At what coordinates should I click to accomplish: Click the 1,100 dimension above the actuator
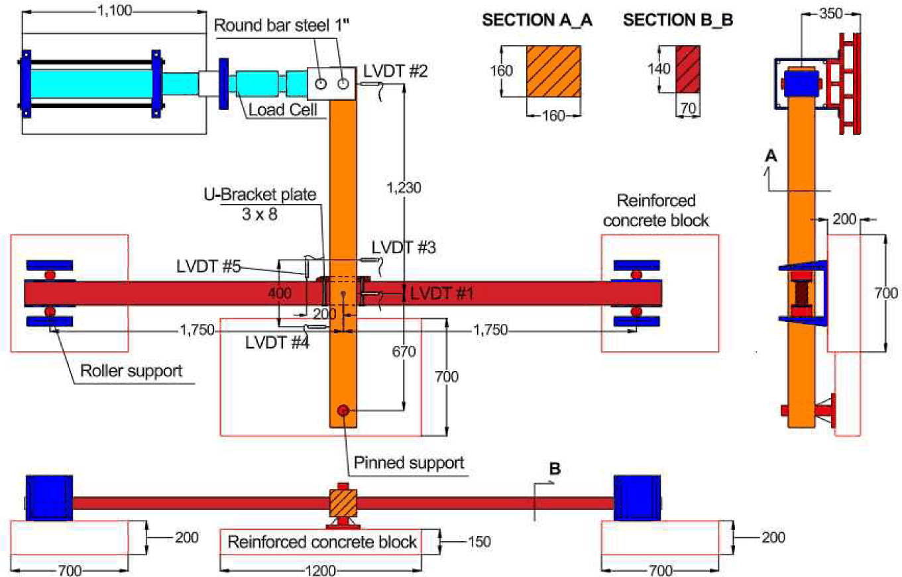[x=115, y=11]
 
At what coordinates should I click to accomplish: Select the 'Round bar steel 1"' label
[x=281, y=25]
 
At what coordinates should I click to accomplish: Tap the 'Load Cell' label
[x=283, y=109]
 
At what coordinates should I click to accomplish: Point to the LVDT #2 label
[x=396, y=72]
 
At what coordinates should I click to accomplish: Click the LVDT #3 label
[x=404, y=248]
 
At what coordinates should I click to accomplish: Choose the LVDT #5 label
[x=209, y=266]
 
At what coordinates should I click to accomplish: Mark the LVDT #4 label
[x=278, y=342]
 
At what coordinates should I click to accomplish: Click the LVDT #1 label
[x=442, y=293]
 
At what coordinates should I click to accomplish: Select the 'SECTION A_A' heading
[x=537, y=20]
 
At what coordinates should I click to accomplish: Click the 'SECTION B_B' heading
[x=678, y=20]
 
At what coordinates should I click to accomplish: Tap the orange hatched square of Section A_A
[x=553, y=72]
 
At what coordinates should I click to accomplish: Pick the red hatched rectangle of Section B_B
[x=688, y=69]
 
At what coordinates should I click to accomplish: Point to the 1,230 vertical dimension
[x=404, y=187]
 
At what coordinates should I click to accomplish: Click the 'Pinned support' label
[x=409, y=463]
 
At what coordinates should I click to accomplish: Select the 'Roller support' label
[x=131, y=370]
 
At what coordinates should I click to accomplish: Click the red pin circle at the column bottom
[x=343, y=411]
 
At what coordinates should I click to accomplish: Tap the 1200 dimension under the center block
[x=321, y=570]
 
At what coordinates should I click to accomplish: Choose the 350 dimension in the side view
[x=831, y=14]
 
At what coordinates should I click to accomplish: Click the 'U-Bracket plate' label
[x=260, y=195]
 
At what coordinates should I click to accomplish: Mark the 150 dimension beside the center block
[x=479, y=542]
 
